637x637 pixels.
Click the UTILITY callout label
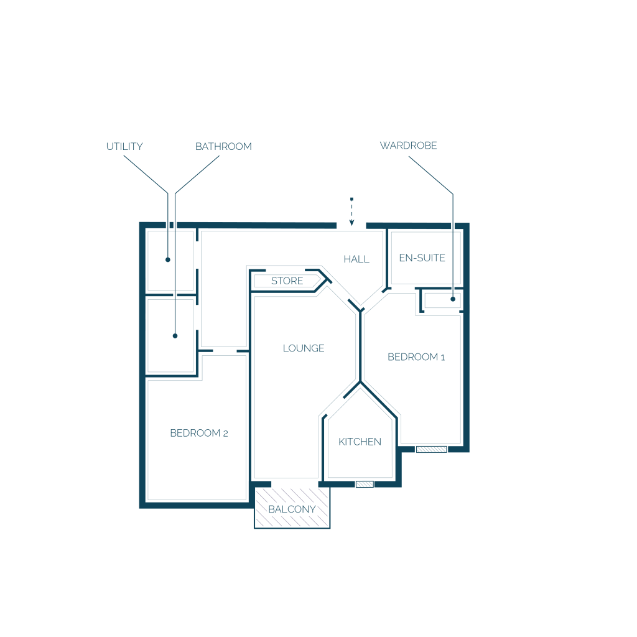click(x=124, y=147)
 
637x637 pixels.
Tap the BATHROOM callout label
click(x=223, y=147)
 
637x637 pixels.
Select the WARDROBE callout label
click(x=408, y=146)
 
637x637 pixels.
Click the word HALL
click(x=356, y=259)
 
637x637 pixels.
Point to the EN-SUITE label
click(x=422, y=258)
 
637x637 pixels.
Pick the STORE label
click(x=287, y=281)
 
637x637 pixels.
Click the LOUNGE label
click(x=304, y=348)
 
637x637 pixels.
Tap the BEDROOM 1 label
click(x=416, y=357)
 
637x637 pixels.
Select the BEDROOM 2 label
click(x=199, y=434)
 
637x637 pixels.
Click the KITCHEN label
click(x=360, y=442)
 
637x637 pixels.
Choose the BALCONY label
click(x=292, y=509)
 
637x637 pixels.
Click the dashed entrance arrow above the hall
click(x=351, y=212)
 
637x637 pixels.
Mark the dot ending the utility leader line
click(x=168, y=259)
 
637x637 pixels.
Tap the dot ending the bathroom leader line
click(x=175, y=336)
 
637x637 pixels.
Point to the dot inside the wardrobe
click(x=453, y=299)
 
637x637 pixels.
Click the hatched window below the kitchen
click(x=365, y=484)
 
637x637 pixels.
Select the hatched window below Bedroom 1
click(x=431, y=449)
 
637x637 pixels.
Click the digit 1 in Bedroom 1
click(x=442, y=357)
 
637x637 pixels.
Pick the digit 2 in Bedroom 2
click(x=225, y=434)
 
